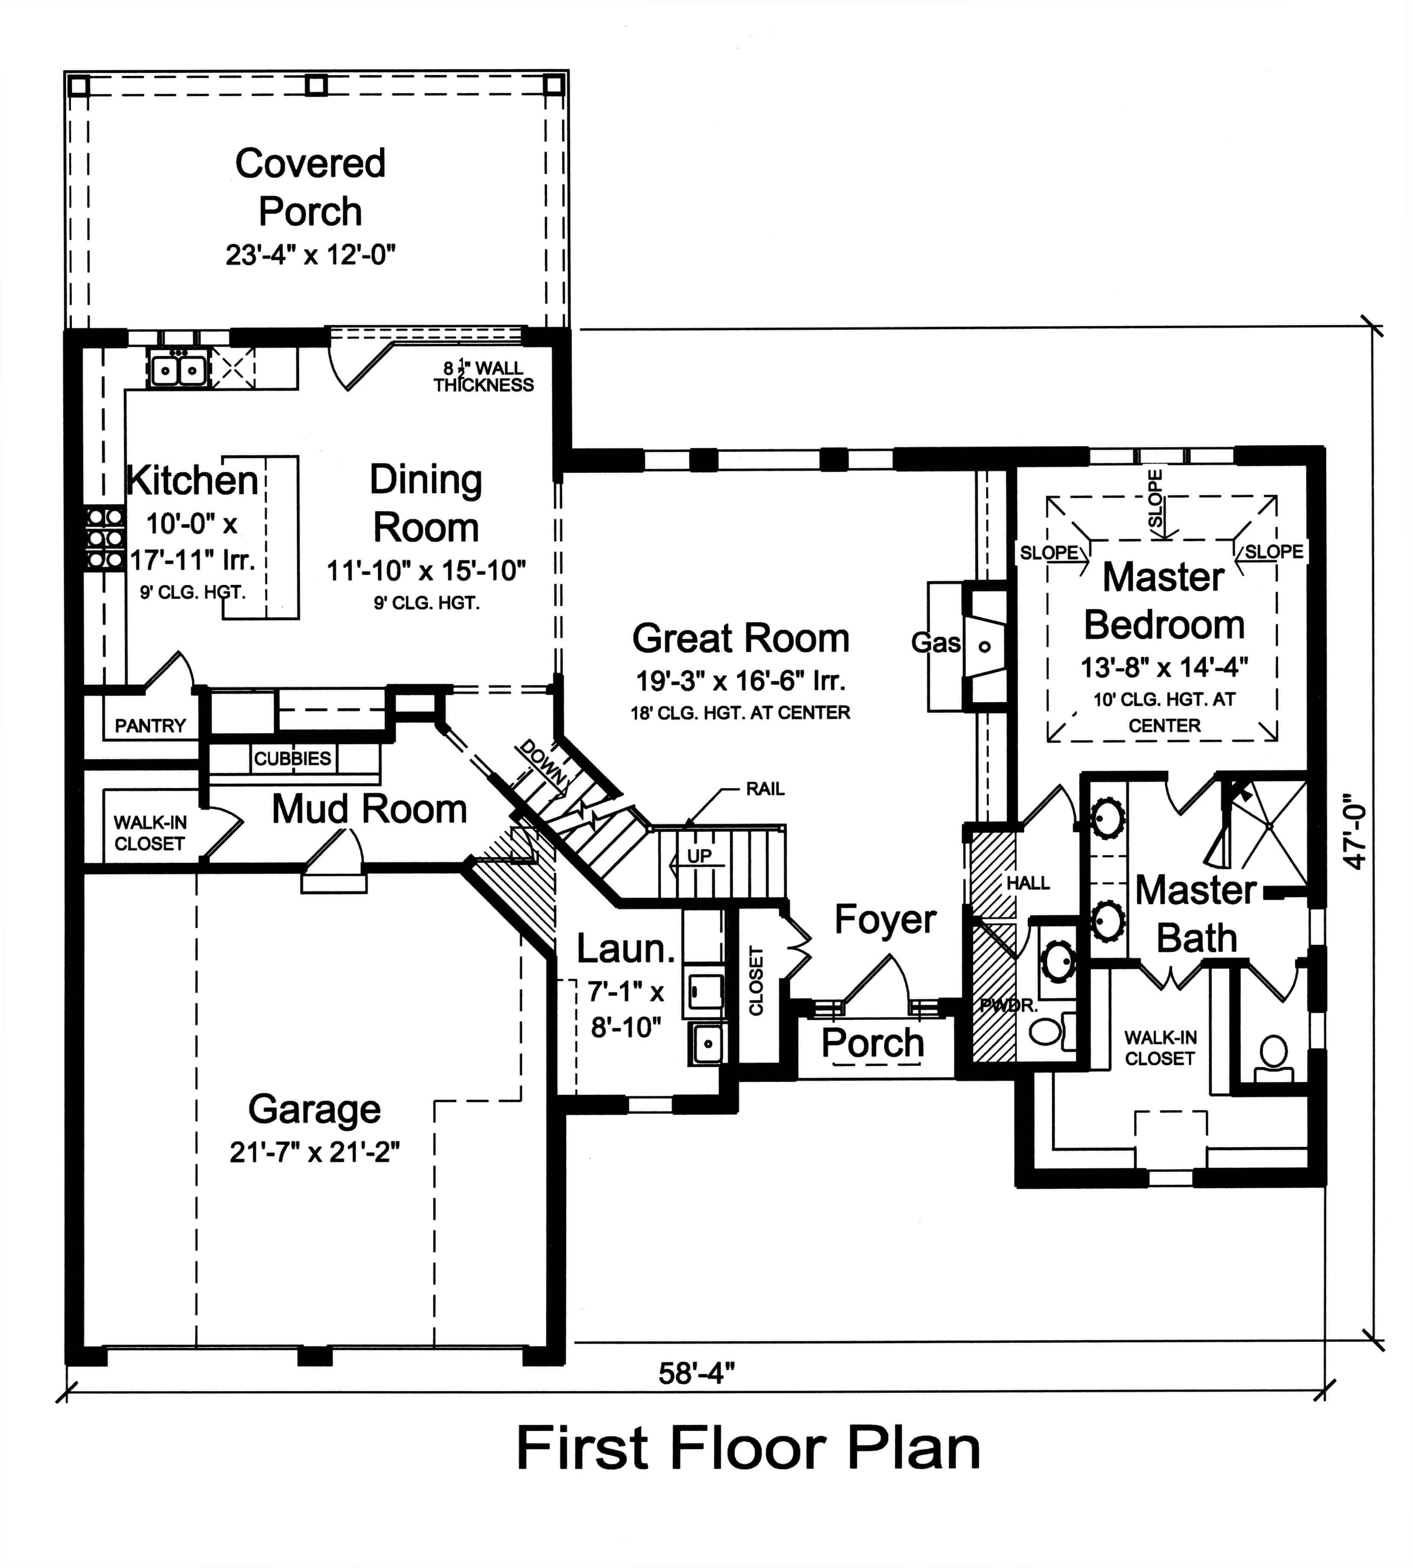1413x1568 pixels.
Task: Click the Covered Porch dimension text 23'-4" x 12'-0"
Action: (310, 255)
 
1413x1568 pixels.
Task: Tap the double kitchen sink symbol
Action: (179, 369)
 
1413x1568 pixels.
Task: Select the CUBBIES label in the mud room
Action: (293, 759)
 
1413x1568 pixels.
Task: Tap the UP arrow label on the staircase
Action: (699, 856)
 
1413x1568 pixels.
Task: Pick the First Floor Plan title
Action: (748, 1449)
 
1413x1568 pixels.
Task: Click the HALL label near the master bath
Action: (1028, 883)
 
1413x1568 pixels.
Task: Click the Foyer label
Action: (885, 920)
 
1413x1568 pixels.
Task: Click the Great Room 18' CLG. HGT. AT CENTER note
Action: (740, 713)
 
